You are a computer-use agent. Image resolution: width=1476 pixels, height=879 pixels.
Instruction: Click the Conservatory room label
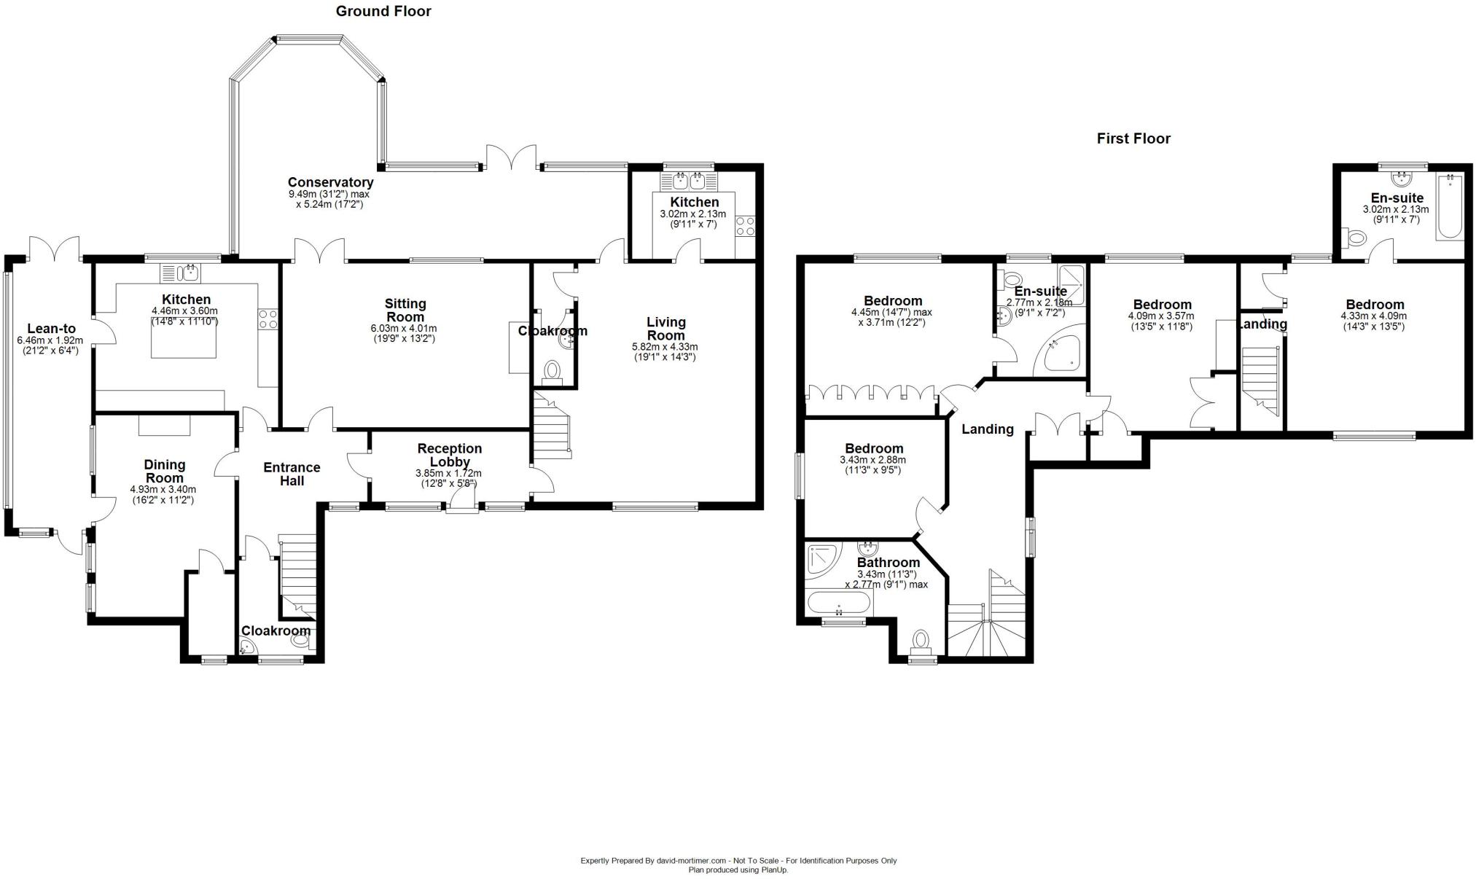click(330, 182)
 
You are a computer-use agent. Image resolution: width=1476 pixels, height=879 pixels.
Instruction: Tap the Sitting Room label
click(405, 310)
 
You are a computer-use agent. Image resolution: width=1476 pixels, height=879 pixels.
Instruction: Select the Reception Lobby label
click(450, 455)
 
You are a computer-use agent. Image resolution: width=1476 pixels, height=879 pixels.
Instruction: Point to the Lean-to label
click(51, 329)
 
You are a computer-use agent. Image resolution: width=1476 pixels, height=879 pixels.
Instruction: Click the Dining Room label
click(164, 472)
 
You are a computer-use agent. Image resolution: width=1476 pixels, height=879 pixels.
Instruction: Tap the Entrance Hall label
click(292, 474)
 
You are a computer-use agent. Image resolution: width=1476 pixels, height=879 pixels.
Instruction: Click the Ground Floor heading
click(383, 11)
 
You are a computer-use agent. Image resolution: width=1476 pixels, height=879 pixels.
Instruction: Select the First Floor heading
click(1133, 138)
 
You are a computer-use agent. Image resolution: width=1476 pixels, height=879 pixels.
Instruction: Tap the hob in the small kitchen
click(745, 226)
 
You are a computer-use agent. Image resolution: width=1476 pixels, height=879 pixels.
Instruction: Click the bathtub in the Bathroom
click(839, 603)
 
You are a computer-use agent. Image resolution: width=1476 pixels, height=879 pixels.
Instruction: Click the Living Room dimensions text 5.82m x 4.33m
click(664, 347)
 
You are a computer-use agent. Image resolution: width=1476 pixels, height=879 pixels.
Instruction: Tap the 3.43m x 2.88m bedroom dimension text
click(873, 460)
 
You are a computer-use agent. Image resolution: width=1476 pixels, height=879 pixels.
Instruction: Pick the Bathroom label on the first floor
click(888, 563)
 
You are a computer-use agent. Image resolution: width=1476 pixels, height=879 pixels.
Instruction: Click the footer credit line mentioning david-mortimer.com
click(738, 860)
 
